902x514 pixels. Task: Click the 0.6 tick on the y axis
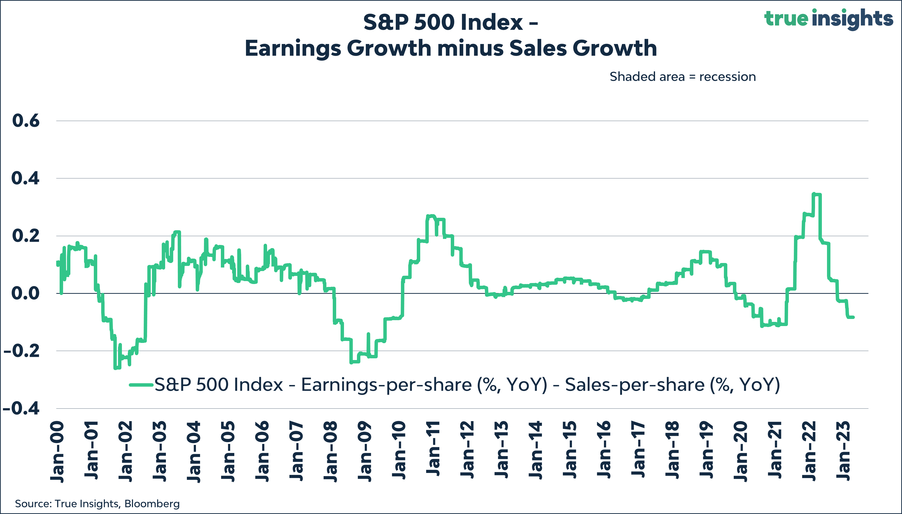click(x=25, y=121)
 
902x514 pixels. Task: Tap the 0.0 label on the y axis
click(x=25, y=293)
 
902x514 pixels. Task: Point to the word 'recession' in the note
click(x=727, y=77)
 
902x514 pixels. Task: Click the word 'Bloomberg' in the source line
click(x=152, y=503)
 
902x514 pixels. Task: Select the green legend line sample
click(x=141, y=384)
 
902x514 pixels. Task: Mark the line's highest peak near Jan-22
click(x=814, y=194)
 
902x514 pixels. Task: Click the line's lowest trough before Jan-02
click(x=115, y=368)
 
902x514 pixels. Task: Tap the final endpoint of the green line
click(x=853, y=317)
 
